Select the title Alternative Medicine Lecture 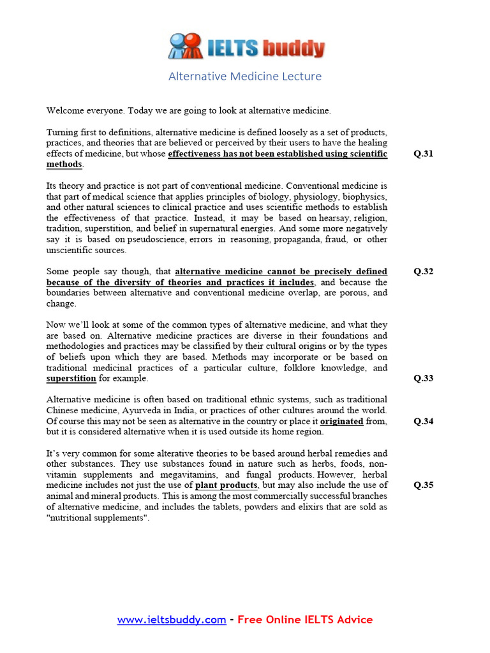click(x=245, y=77)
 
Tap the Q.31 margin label click(x=423, y=154)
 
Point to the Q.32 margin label click(x=423, y=271)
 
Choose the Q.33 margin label click(x=423, y=378)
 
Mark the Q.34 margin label click(x=423, y=421)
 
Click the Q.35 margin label click(x=423, y=485)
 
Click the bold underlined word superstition click(x=71, y=379)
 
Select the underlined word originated click(x=341, y=422)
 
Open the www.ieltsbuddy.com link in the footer click(x=171, y=619)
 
